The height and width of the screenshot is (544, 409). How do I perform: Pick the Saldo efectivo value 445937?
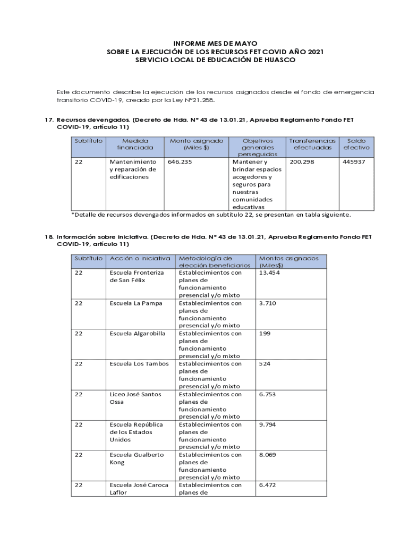[354, 161]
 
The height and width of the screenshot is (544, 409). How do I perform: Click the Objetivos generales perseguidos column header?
[257, 147]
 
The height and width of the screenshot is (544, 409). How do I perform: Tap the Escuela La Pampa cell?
[136, 303]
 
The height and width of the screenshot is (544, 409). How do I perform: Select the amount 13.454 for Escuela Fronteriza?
[269, 273]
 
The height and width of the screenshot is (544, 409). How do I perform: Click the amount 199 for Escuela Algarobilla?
[265, 334]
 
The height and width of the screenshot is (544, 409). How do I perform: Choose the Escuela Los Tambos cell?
[139, 364]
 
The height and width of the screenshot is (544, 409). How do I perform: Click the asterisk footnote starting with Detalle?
[211, 215]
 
